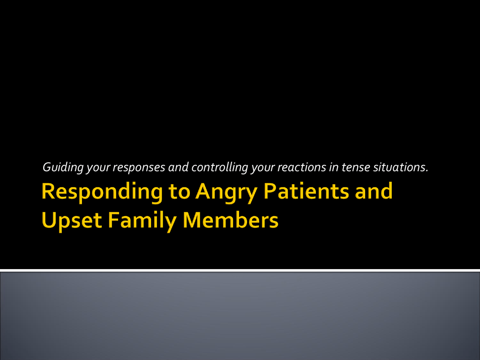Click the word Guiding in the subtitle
click(63, 167)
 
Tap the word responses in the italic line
click(139, 168)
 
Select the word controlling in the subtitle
click(219, 167)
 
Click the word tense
click(356, 167)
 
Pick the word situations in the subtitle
click(399, 167)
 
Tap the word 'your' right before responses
click(98, 168)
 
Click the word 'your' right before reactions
click(262, 168)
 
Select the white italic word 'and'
click(178, 167)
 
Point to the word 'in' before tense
click(334, 167)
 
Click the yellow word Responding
click(102, 192)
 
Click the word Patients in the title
click(306, 191)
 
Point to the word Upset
click(72, 221)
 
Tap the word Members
click(231, 220)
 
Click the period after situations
click(427, 171)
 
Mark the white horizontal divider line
click(240, 270)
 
